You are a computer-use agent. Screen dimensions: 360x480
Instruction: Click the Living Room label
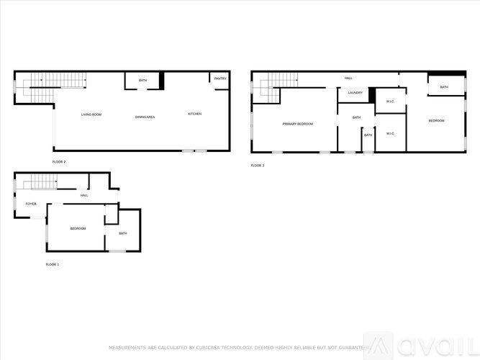pos(91,114)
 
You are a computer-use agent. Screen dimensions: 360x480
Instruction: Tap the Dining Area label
pos(145,117)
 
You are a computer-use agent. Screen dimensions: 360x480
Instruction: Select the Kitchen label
pos(195,114)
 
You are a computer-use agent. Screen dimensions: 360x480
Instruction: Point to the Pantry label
pos(220,78)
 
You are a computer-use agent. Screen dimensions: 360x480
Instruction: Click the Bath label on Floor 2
pos(143,80)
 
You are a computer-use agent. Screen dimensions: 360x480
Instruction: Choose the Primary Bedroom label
pos(297,124)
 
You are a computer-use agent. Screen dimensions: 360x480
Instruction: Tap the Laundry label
pos(355,93)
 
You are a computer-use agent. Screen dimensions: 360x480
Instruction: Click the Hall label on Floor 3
pos(348,78)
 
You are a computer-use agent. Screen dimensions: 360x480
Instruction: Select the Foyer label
pos(31,204)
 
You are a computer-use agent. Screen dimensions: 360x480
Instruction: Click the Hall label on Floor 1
pos(84,195)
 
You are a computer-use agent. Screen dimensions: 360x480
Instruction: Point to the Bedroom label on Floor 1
pos(78,228)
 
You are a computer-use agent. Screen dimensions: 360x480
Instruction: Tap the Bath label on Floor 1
pos(123,233)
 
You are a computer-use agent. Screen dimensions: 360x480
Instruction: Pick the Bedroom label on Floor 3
pos(436,120)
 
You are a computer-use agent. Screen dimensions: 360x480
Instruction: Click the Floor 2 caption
pos(59,161)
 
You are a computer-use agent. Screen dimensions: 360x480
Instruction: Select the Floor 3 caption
pos(258,166)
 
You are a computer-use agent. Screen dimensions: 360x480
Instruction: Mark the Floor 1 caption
pos(52,264)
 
